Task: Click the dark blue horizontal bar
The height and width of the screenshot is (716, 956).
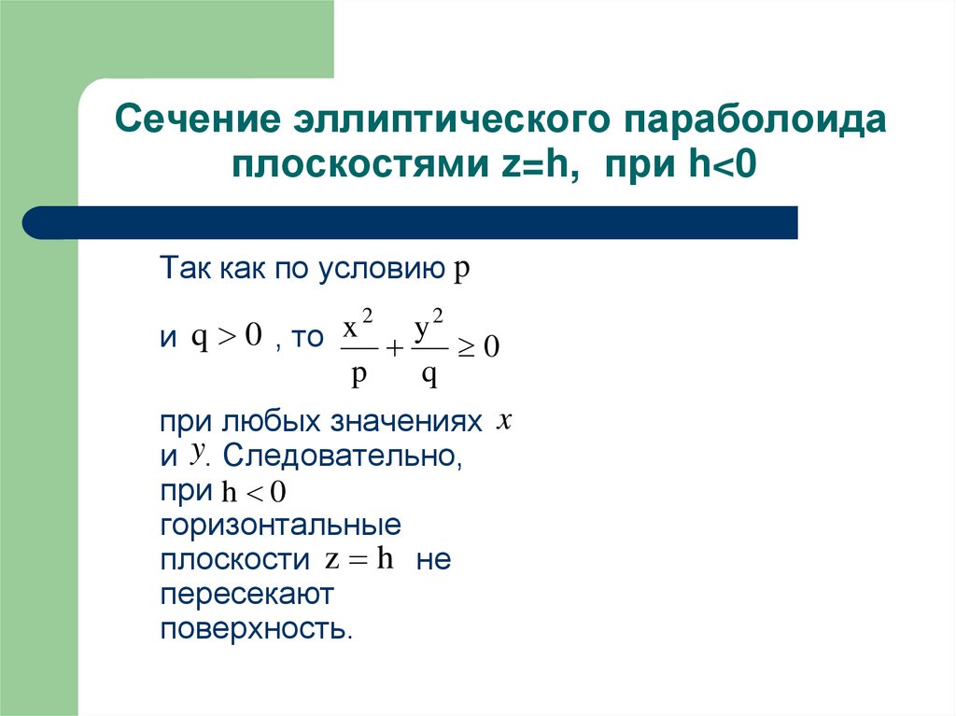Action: pos(411,222)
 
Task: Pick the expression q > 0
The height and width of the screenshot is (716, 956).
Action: pos(227,336)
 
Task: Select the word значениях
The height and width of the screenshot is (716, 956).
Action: pos(406,422)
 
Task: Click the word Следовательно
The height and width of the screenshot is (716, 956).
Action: pos(344,457)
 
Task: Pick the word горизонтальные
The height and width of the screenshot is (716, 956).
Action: pos(280,526)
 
